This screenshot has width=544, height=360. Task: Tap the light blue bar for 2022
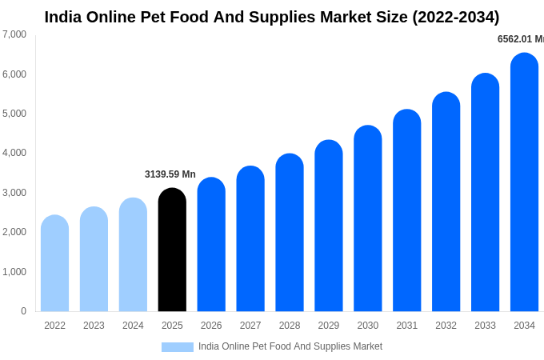(54, 263)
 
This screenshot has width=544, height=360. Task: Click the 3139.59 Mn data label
(170, 174)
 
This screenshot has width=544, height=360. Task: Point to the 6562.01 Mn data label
(521, 39)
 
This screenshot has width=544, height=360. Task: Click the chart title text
(272, 17)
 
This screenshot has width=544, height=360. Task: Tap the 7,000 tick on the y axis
(14, 34)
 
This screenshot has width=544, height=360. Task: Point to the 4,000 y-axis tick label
(14, 153)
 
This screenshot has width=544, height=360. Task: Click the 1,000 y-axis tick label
(14, 272)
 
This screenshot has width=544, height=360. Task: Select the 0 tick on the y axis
(23, 311)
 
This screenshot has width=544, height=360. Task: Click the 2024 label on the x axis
(133, 326)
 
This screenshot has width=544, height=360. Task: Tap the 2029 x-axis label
(329, 326)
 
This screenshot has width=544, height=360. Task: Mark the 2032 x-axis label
(446, 326)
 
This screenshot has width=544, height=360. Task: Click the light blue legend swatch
(178, 347)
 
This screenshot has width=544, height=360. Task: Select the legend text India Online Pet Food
(290, 346)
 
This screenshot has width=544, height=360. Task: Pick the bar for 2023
(94, 259)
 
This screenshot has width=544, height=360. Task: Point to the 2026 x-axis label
(211, 326)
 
